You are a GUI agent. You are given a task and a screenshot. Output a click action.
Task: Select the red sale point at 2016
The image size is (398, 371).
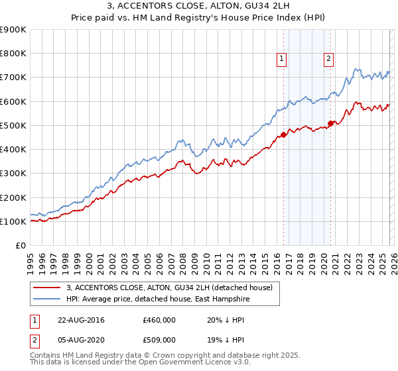[284, 135]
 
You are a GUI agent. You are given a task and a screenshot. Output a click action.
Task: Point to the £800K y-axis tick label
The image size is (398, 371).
[13, 54]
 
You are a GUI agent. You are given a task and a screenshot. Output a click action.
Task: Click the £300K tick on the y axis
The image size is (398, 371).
[13, 174]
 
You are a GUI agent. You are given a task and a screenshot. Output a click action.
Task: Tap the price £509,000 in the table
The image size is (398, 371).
[159, 339]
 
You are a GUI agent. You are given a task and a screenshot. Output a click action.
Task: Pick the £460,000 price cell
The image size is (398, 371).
[159, 319]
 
